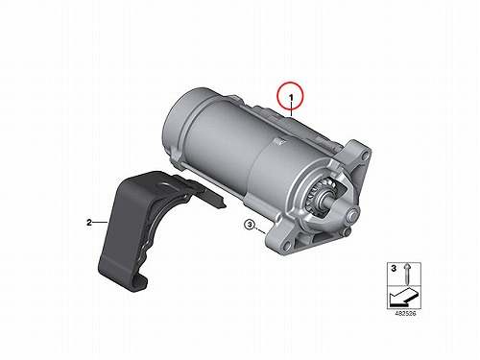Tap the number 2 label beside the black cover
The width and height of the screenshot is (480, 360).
click(x=89, y=222)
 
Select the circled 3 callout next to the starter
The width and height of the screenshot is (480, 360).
click(x=249, y=225)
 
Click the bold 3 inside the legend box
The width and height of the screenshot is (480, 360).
click(x=394, y=269)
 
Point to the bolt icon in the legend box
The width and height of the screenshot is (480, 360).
click(x=407, y=274)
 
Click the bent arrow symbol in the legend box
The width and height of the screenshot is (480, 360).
click(x=403, y=296)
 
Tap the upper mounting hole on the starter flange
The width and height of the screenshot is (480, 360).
click(x=365, y=156)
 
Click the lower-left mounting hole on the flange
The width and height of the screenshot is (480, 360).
click(x=286, y=246)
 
